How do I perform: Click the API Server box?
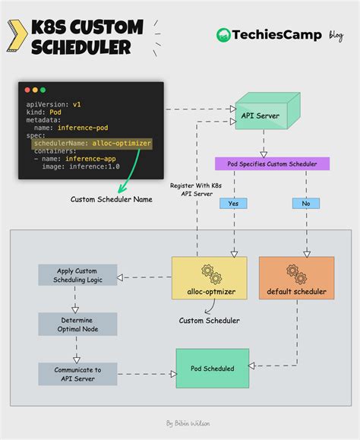(x=259, y=116)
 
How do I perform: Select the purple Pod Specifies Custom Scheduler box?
(x=273, y=163)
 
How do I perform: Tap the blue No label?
(x=305, y=204)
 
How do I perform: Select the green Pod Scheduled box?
(x=212, y=369)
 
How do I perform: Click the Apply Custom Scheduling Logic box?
(x=77, y=275)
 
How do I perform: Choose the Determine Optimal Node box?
(x=77, y=324)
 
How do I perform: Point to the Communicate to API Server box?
(x=77, y=373)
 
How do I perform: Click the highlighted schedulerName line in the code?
(x=92, y=143)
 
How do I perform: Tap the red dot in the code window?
(x=27, y=90)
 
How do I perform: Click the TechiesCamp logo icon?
(x=223, y=35)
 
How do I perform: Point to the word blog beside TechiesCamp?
(x=336, y=35)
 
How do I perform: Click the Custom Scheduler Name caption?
(x=112, y=200)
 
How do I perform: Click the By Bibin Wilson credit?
(x=188, y=423)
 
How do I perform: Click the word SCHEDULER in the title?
(x=81, y=47)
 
